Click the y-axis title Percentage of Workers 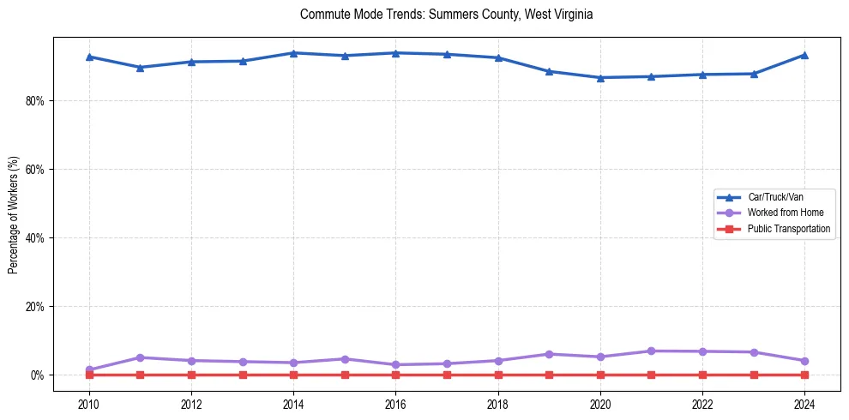tap(14, 214)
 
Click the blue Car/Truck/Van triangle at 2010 tap(89, 57)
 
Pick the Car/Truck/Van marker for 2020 tap(600, 77)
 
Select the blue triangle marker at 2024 tap(804, 55)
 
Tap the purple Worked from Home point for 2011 tap(141, 357)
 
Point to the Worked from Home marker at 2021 tap(651, 351)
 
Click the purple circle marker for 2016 tap(395, 364)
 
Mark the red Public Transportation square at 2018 tap(498, 375)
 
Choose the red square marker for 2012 tap(191, 375)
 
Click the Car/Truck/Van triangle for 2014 tap(293, 53)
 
